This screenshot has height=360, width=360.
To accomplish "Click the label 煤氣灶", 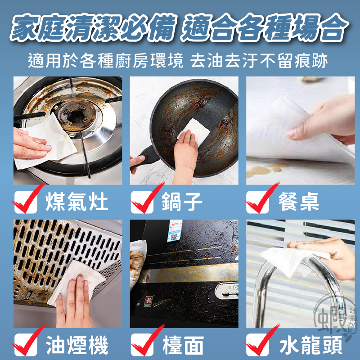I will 76,202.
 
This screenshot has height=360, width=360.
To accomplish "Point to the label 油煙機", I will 76,346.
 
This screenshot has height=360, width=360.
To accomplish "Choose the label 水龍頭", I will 306,346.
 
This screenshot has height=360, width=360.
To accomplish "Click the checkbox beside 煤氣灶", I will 25,202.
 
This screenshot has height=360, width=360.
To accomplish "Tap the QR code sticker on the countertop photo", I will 173,231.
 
